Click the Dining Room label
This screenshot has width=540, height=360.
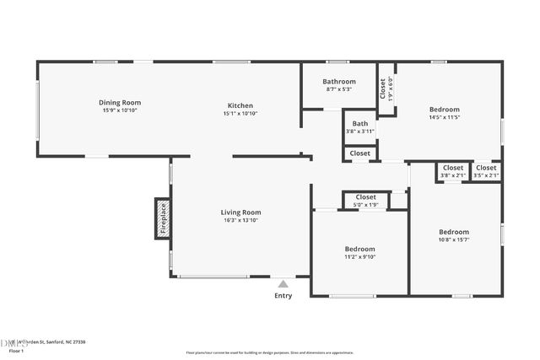click(x=120, y=102)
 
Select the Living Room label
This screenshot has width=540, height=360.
click(x=240, y=212)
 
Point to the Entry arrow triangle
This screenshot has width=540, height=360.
click(x=283, y=284)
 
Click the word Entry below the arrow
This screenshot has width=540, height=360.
click(x=283, y=296)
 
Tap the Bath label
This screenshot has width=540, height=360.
click(x=360, y=123)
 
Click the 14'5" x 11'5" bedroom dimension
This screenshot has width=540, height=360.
click(x=444, y=117)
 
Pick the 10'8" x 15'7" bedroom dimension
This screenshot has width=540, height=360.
click(x=453, y=240)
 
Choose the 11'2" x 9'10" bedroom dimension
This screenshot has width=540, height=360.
click(x=359, y=258)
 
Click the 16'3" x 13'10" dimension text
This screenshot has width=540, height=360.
click(x=240, y=221)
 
